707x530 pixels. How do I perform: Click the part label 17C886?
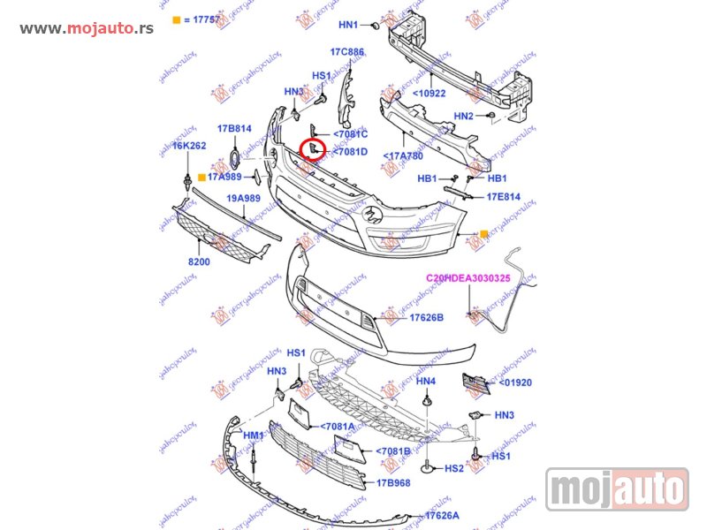pos(347,52)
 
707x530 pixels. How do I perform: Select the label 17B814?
pos(234,129)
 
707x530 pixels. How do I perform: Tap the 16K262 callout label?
pos(188,147)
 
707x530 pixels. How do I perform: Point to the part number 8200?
pos(199,261)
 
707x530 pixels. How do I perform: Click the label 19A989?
pos(241,199)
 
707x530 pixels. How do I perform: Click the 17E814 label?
pos(503,197)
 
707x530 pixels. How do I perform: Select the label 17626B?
pos(425,317)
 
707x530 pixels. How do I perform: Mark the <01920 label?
pos(515,382)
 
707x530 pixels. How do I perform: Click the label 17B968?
pos(393,483)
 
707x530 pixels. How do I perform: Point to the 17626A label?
pos(441,515)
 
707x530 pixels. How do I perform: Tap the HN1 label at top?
pos(349,25)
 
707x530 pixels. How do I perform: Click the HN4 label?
pos(426,382)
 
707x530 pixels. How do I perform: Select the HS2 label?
pos(454,468)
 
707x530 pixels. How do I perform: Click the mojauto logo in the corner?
pos(617,488)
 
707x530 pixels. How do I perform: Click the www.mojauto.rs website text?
pos(86,28)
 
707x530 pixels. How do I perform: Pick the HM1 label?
pos(254,435)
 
